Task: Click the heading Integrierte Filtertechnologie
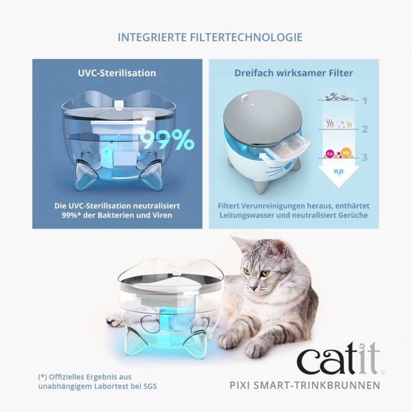point(210,37)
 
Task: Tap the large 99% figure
point(166,141)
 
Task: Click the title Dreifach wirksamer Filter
point(294,73)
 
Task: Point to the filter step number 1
point(365,100)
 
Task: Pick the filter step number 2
point(365,129)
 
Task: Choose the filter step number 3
point(365,157)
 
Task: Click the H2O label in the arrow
point(338,172)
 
